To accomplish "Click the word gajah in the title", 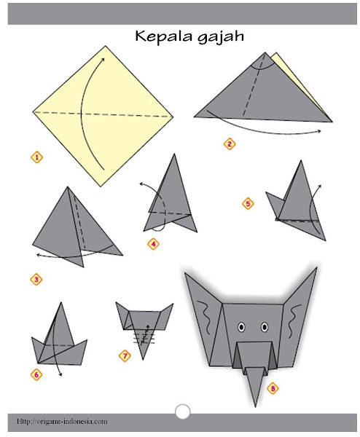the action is click(x=221, y=38).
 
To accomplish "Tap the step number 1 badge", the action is click(x=37, y=157).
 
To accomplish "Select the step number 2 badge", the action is click(x=230, y=144).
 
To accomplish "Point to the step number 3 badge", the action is click(x=36, y=280).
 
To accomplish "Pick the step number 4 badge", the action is click(x=153, y=244).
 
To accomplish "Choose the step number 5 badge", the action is click(x=248, y=203).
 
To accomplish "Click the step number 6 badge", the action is click(x=36, y=374).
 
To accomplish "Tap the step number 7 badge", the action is click(x=125, y=356).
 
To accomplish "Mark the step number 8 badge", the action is click(x=273, y=388).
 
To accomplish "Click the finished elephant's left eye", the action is click(x=241, y=327).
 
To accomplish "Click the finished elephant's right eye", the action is click(x=265, y=327).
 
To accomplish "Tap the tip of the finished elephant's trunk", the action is click(x=255, y=406).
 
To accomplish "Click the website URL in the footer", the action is click(x=62, y=421).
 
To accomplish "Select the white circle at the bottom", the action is click(x=183, y=412).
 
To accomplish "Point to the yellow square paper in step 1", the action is click(x=103, y=116).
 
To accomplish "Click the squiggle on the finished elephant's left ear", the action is click(x=205, y=317).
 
